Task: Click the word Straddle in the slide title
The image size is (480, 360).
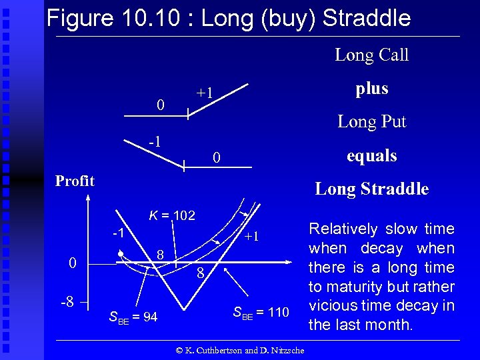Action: click(x=366, y=18)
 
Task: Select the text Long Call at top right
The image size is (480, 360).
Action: click(x=371, y=55)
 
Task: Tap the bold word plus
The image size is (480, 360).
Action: click(x=371, y=89)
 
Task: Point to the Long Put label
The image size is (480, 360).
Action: click(x=371, y=122)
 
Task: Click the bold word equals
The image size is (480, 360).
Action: click(x=371, y=156)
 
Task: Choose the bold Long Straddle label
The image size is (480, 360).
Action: click(x=371, y=189)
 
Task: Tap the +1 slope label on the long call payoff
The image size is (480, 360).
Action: click(x=205, y=93)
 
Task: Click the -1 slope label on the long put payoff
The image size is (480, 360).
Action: click(x=154, y=141)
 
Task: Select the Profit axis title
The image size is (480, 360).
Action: click(x=75, y=181)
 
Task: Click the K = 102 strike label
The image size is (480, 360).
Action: click(x=172, y=215)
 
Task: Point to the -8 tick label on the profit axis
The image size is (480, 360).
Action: click(x=67, y=301)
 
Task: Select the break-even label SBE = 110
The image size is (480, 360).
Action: click(x=261, y=311)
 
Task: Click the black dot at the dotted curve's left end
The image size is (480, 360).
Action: click(x=119, y=255)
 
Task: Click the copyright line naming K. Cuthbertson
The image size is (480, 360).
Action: click(x=239, y=351)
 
